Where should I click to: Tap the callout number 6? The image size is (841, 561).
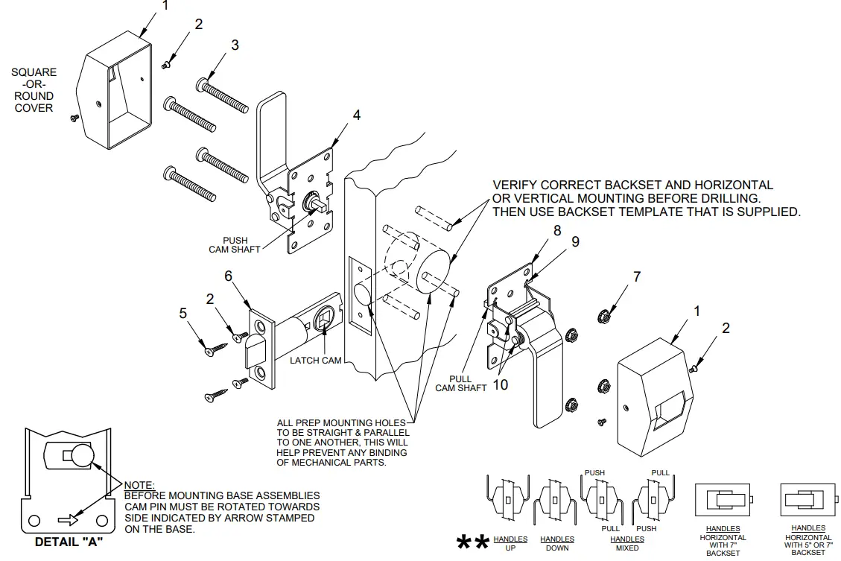pos(229,276)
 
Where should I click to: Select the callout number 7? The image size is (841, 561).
pos(637,277)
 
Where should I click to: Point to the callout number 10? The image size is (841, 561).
pos(501,385)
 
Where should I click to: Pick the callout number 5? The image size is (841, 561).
pos(183,314)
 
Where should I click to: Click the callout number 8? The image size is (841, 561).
pos(556,231)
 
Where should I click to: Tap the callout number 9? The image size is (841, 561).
pos(575,241)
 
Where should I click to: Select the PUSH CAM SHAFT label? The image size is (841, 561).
pos(235,245)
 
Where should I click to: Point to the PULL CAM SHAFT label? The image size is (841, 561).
pos(460,383)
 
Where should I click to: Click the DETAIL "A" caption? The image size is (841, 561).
pos(69,542)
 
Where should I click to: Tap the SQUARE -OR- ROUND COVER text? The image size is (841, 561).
pos(34,90)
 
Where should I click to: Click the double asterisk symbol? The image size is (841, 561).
pos(472,542)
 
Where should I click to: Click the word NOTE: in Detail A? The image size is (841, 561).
pos(139,485)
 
